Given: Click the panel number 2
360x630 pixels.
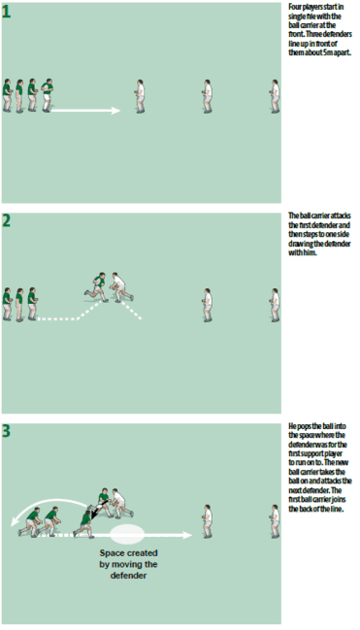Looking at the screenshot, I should (7, 218).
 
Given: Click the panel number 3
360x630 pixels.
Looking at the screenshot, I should (7, 429).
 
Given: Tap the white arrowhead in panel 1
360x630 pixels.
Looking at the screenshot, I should (115, 111).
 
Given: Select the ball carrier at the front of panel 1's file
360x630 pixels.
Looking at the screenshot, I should (47, 95).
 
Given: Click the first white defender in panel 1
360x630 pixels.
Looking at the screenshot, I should (138, 95).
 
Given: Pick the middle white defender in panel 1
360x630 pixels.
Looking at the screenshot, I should (206, 95).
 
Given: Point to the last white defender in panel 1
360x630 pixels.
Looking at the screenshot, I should (275, 95).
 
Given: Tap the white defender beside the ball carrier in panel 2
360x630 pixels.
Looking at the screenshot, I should (117, 285).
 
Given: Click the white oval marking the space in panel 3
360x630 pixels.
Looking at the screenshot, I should (128, 533).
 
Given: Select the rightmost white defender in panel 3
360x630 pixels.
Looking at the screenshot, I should (275, 517).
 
